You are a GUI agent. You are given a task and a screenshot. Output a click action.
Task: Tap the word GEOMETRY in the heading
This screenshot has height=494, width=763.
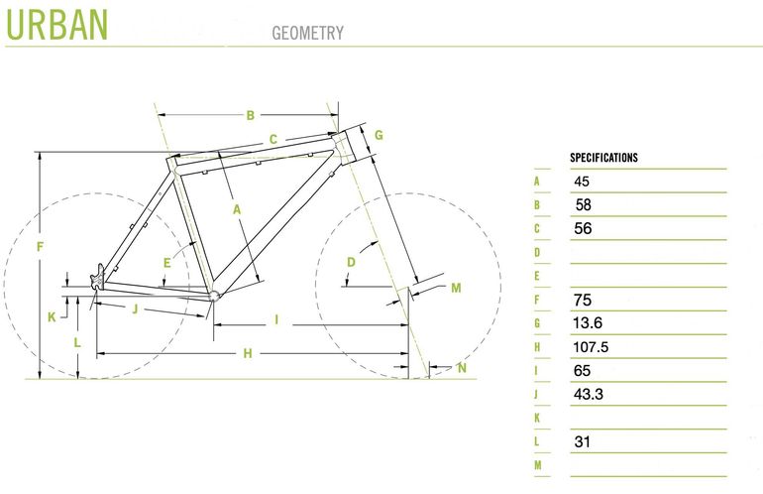[x=307, y=33]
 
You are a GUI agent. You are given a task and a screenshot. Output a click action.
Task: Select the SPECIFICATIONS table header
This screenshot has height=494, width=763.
[x=603, y=158]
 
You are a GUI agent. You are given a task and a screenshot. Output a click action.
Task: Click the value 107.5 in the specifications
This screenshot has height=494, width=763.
[x=591, y=347]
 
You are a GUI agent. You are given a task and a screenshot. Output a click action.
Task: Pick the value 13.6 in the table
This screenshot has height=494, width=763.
[x=588, y=323]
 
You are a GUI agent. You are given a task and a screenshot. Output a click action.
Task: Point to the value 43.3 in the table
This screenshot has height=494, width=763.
[x=589, y=394]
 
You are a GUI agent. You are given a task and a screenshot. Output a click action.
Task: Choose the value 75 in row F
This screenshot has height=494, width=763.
[x=583, y=300]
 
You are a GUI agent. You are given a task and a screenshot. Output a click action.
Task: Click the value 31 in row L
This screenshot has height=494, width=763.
[x=582, y=441]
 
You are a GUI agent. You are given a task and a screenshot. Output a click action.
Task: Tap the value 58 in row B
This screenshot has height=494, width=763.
[x=583, y=204]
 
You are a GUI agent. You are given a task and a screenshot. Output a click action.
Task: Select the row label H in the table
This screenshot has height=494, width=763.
[x=537, y=347]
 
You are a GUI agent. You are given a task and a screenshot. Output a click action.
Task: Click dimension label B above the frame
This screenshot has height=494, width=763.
[x=250, y=115]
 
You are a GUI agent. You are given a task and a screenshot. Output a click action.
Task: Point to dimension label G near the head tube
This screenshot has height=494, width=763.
[x=379, y=135]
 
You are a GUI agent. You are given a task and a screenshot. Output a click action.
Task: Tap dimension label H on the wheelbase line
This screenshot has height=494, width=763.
[x=248, y=353]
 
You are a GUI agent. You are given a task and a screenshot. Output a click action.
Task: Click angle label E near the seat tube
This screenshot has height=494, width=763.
[x=166, y=263]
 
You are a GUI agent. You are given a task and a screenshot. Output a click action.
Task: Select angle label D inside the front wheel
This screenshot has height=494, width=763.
[x=351, y=262]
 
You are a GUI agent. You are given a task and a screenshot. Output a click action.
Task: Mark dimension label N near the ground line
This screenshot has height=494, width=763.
[x=462, y=368]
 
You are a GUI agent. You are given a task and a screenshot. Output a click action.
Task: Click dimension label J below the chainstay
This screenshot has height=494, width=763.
[x=136, y=309]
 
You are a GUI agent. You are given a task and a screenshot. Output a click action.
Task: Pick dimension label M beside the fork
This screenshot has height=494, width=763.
[x=456, y=288]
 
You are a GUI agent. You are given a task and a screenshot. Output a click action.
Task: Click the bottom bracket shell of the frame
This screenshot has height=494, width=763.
[x=214, y=296]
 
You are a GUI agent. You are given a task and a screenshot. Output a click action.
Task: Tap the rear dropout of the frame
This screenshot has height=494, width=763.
[x=97, y=279]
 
